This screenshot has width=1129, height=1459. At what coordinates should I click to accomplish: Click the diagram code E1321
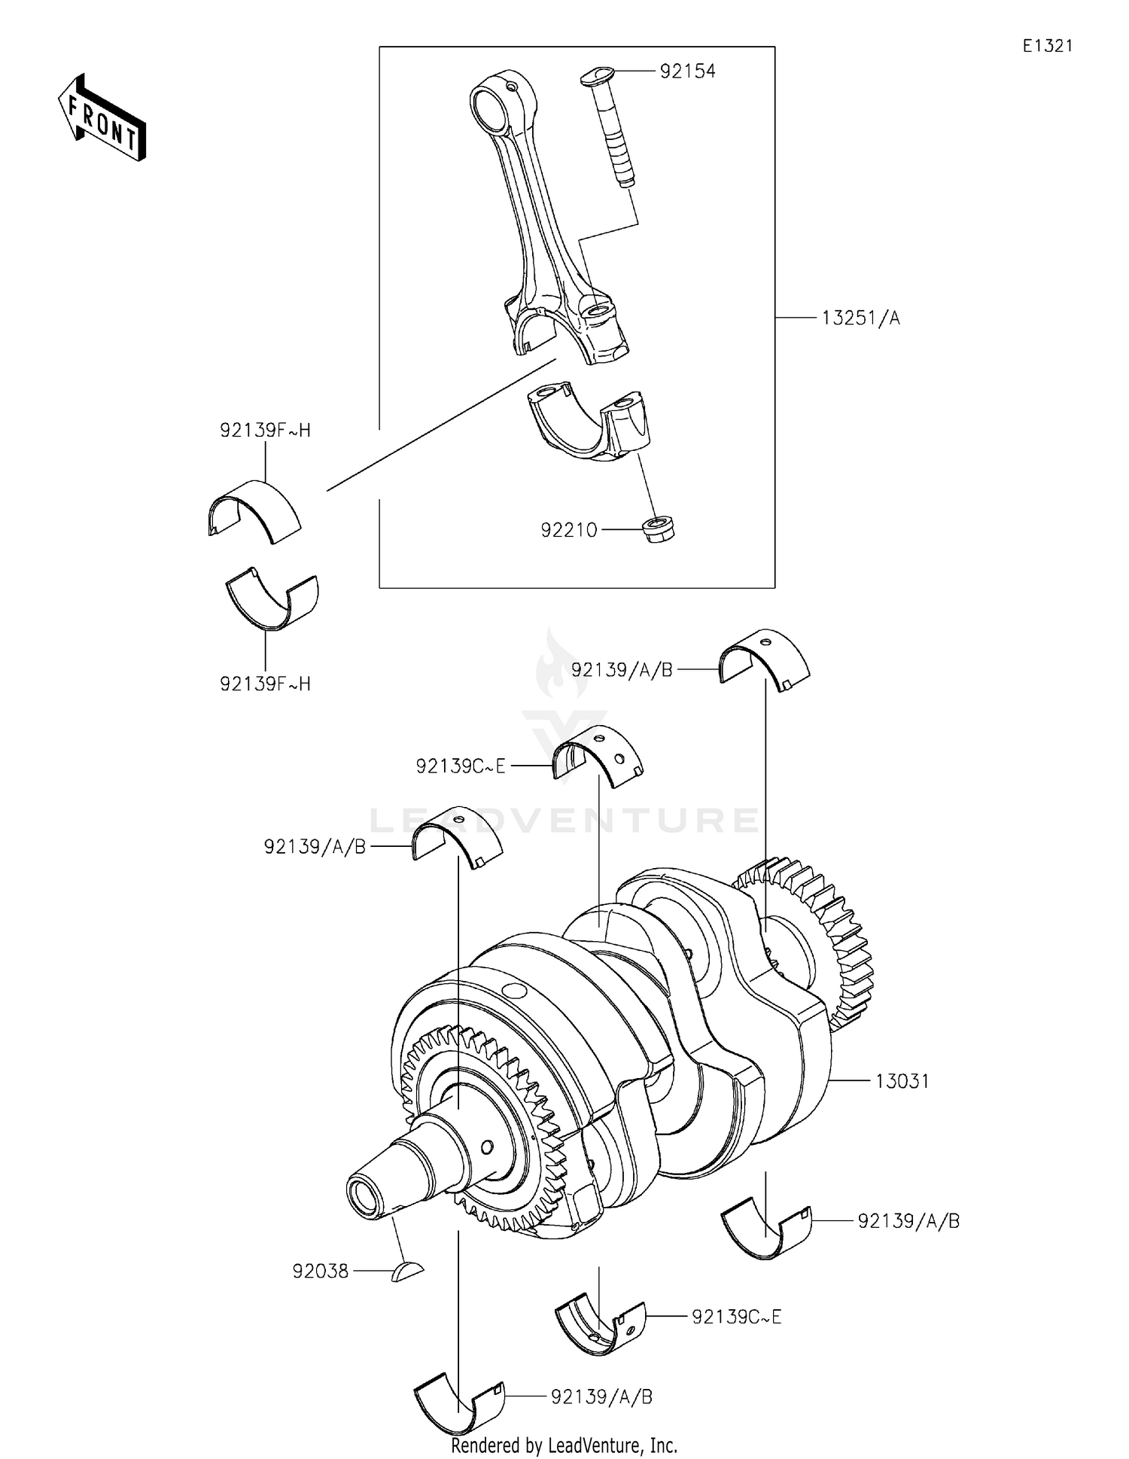pos(1047,46)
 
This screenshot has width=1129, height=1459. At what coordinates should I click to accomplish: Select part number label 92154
pos(687,72)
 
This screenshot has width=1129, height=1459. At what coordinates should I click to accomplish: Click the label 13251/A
pos(860,318)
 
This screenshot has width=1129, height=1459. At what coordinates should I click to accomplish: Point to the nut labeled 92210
pos(659,528)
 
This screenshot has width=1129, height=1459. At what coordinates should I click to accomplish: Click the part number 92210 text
pos(569,531)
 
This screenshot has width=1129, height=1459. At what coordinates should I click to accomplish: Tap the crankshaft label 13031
pos(902,1082)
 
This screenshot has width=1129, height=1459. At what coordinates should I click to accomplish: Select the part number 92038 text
pos(321,1272)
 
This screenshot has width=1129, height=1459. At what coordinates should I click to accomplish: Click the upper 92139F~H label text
pos(265,431)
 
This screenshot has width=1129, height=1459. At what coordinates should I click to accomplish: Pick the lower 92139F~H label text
pos(265,684)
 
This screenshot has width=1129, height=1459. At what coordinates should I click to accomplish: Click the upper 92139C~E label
pos(461,767)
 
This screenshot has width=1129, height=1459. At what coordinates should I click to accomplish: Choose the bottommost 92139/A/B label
pos(601,1397)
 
